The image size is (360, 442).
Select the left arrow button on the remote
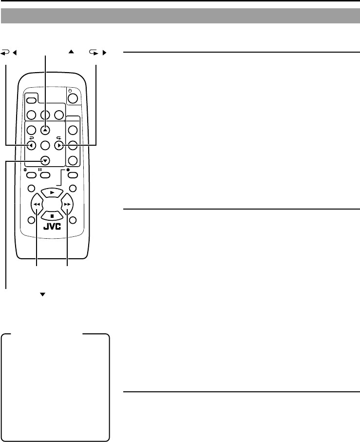[31, 145]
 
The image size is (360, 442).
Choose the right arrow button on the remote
[59, 145]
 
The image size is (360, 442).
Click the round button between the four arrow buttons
[45, 145]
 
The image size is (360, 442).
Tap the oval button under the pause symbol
[45, 175]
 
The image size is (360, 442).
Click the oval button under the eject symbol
[31, 175]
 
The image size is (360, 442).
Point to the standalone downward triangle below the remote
[42, 295]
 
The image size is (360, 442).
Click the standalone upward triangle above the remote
[71, 51]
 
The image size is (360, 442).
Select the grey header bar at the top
[180, 16]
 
